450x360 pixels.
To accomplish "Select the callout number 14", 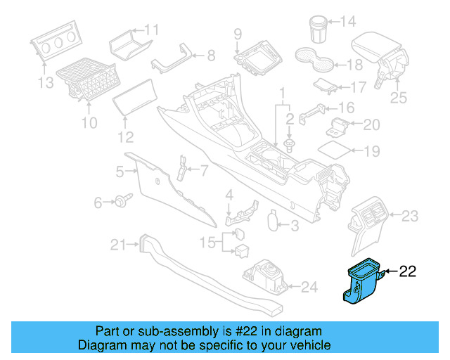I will pos(348,21).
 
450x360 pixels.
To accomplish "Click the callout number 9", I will pos(238,34).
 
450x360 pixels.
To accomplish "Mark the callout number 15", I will pos(207,243).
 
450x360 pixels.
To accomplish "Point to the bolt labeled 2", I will pos(289,146).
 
